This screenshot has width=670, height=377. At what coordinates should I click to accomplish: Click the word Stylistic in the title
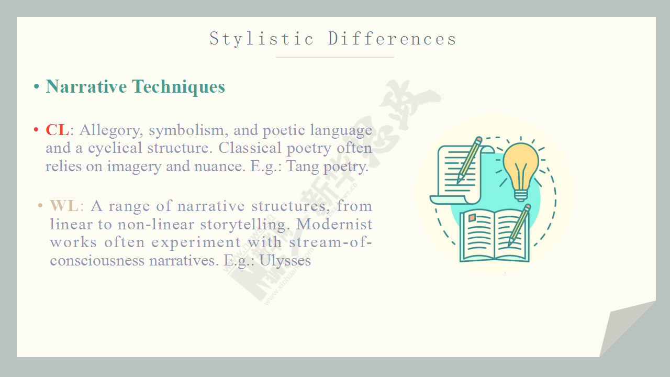coord(261,39)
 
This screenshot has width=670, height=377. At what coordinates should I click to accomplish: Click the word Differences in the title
coord(392,39)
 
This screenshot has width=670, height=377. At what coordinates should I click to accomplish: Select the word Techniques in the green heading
coord(178,87)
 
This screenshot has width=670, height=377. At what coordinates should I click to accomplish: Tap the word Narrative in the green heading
coord(86,86)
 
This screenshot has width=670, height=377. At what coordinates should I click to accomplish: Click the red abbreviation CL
coord(58,130)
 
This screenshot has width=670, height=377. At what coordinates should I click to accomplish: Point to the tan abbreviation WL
coord(64,206)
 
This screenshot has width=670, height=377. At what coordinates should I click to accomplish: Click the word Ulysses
coord(285,261)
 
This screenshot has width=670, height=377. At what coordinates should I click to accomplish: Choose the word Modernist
coord(334,224)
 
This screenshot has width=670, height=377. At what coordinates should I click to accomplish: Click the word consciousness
coord(97,261)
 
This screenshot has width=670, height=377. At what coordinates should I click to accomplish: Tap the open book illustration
coord(495,236)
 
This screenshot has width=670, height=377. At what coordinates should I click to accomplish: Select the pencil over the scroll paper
coord(469,160)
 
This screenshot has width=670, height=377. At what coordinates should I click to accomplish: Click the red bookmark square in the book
coord(472,217)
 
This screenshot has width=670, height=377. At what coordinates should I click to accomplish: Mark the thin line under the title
coord(334,57)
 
